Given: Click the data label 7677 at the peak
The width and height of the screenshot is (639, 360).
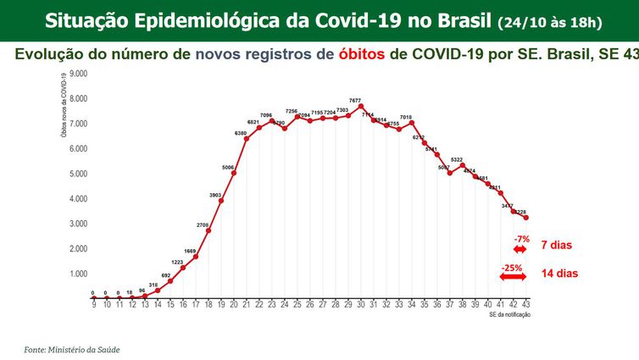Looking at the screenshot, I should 355,101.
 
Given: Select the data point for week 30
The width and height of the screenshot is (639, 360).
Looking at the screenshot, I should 361,108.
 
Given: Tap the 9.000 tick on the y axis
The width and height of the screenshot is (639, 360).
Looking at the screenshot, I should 77,74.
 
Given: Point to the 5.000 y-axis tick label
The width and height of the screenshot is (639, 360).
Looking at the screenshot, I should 77,174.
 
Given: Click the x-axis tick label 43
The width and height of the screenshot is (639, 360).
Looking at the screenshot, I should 526,304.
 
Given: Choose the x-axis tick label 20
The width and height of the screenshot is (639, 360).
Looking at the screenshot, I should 234,304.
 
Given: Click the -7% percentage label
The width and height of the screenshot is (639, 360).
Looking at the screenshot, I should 521,239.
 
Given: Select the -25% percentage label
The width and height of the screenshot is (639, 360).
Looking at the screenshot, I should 512,268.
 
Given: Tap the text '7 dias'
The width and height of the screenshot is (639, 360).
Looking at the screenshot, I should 557,246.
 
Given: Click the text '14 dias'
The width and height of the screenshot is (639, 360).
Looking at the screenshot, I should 559,274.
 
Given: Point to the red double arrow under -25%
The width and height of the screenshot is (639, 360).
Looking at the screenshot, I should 513,277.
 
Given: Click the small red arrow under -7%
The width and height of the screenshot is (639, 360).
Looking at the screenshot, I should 520,249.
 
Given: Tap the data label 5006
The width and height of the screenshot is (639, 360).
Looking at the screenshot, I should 228,167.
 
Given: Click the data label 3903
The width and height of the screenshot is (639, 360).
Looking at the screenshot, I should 215,195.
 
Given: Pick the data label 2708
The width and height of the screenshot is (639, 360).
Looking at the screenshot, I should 203,224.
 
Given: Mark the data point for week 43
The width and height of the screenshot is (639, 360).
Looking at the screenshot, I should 526,218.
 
